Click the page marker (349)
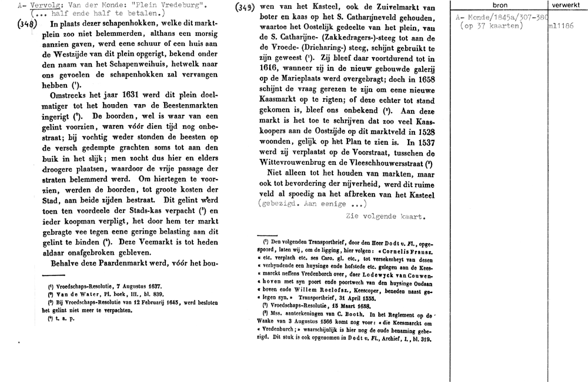tap(243, 8)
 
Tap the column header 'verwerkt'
tap(566, 5)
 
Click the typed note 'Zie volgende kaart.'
tap(385, 216)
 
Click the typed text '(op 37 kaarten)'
tap(490, 26)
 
